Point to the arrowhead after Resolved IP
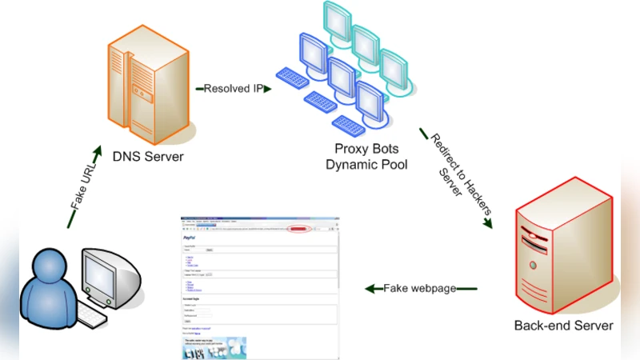point(269,89)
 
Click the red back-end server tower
point(560,248)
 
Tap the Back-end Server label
point(563,326)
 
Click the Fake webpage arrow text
point(420,288)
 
